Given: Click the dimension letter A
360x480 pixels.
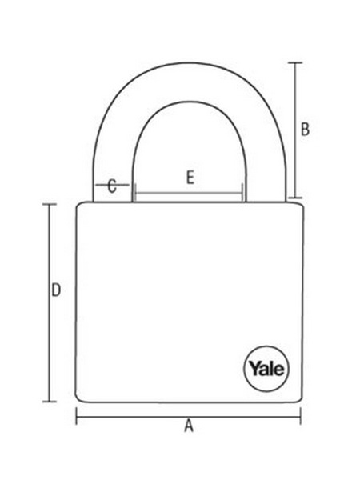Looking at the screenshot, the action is pos(189,426).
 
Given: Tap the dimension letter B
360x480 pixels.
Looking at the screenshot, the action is pos(306,129).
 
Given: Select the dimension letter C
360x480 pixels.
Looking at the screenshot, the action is pos(112,186).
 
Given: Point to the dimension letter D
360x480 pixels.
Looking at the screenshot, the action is pos(56,290).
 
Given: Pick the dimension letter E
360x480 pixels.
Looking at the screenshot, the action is pos(190,178).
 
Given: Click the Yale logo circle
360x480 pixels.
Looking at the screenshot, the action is pos(266,369).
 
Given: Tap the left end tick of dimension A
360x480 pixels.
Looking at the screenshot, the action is pos(77,416).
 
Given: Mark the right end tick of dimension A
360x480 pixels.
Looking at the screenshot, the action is pos(301,416).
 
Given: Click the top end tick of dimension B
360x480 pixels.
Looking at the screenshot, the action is pos(295,62).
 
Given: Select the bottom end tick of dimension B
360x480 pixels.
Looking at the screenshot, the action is pos(295,198).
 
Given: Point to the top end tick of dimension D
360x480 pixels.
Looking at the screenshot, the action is pos(49,204).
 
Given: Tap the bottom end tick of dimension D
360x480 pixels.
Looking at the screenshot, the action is pos(49,401).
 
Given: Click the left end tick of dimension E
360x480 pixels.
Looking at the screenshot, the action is pos(135,193).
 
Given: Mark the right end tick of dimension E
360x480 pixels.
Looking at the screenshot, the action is pos(242,193).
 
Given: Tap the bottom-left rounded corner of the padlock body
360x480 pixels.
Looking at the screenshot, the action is pos(78,399).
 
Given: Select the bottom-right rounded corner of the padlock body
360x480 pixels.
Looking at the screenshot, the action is pos(300,398).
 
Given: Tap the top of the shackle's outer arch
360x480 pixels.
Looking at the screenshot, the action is pos(190,63).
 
